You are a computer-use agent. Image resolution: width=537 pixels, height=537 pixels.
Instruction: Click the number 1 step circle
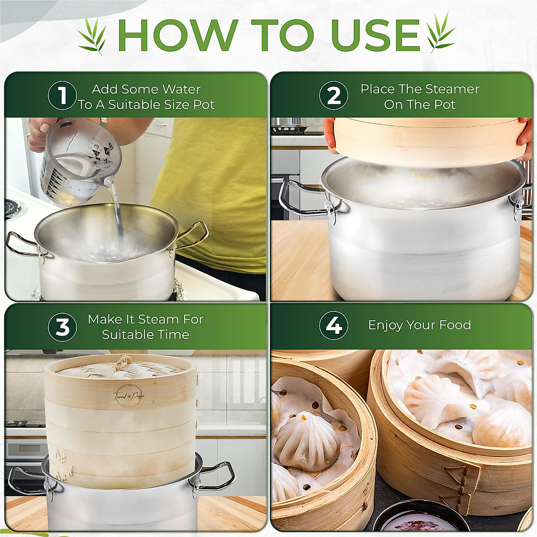coord(62,96)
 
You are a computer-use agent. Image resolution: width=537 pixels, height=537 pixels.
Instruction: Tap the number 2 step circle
coord(333,96)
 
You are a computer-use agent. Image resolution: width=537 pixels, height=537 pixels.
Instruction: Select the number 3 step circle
coord(62,327)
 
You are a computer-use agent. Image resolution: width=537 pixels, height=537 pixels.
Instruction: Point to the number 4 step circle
coord(333,325)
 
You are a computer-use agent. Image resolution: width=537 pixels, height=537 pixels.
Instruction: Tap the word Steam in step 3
coord(158,319)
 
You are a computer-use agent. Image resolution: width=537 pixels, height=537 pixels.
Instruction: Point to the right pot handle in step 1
coord(195,235)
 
